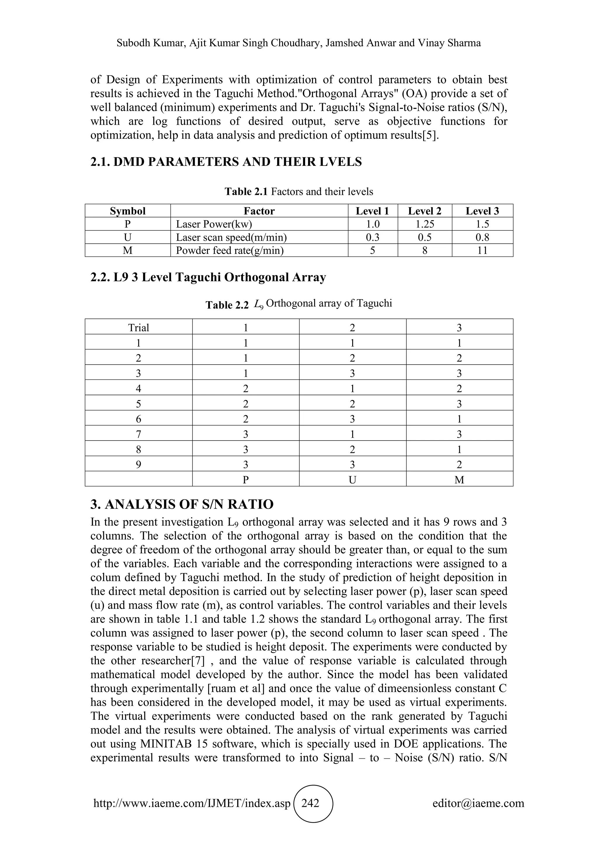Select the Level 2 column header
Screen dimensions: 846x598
click(425, 211)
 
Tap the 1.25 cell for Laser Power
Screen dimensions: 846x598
click(425, 224)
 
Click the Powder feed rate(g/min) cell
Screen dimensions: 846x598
click(230, 251)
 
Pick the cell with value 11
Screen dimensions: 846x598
click(482, 251)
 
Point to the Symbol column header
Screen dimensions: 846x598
click(128, 211)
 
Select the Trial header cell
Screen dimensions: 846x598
click(138, 327)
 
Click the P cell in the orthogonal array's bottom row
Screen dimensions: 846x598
click(246, 480)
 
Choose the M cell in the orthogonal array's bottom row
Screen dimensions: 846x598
click(459, 480)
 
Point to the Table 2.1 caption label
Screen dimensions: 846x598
click(246, 192)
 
